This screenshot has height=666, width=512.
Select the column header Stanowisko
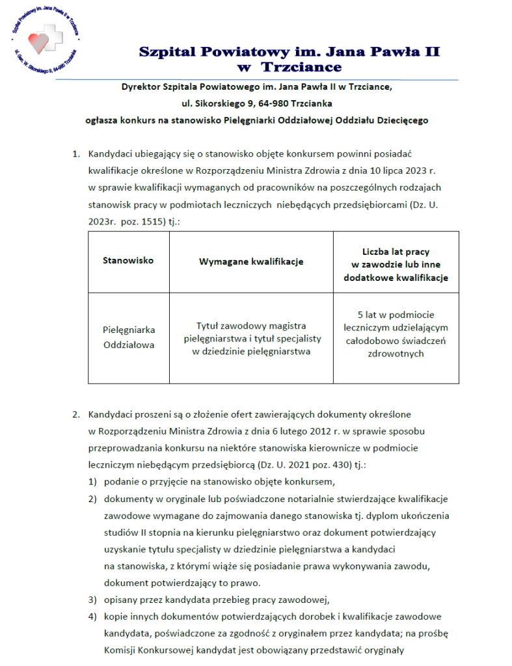[128, 260]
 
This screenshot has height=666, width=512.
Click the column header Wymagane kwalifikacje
[250, 261]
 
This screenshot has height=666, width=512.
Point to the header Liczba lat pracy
[396, 251]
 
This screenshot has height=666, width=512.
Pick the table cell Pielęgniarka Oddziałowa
[128, 337]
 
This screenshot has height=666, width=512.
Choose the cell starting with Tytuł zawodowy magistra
[250, 339]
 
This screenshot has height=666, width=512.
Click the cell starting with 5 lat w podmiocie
[396, 334]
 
